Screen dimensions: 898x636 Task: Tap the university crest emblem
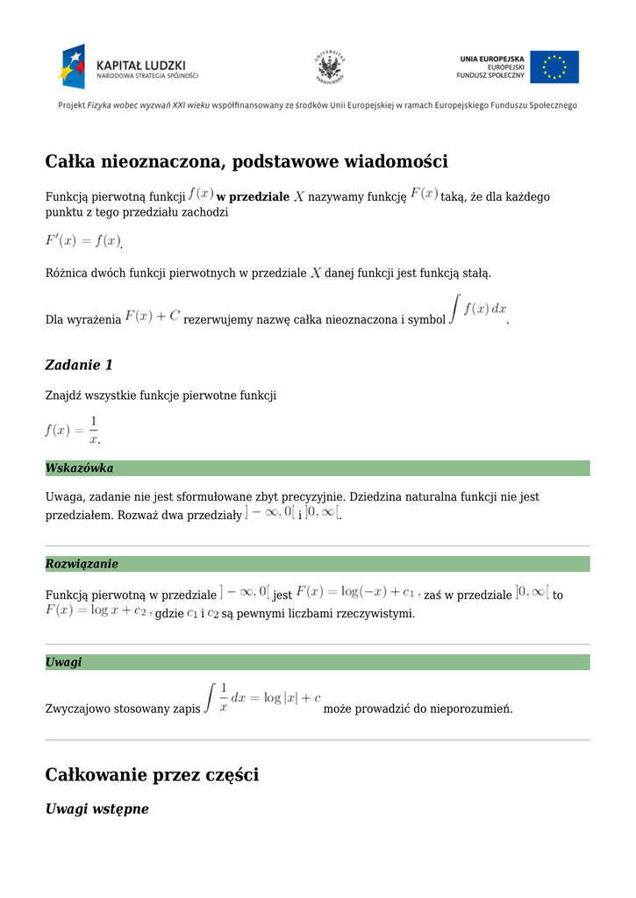(x=330, y=67)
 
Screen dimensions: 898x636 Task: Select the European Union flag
(x=554, y=67)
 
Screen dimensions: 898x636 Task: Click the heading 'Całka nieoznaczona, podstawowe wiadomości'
(x=247, y=161)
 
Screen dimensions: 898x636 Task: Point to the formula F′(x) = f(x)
(x=82, y=240)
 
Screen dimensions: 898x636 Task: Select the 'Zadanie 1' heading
(x=79, y=365)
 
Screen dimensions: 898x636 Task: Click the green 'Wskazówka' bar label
(x=79, y=468)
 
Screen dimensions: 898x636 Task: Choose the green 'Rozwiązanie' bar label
(x=82, y=564)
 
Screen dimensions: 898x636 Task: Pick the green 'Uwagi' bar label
(x=63, y=662)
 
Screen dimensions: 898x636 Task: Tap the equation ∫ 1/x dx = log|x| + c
(x=262, y=699)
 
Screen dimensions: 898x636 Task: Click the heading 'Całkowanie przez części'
(x=152, y=775)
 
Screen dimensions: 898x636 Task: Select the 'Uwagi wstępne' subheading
(x=96, y=809)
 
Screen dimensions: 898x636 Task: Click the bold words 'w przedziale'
(x=253, y=197)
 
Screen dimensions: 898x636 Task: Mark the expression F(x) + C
(x=153, y=316)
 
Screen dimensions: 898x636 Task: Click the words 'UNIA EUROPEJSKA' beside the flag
(x=491, y=59)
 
